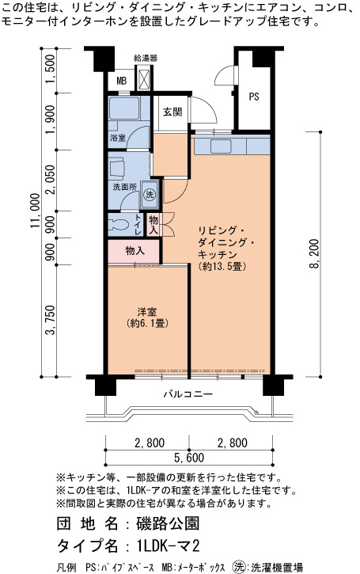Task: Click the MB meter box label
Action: (122, 81)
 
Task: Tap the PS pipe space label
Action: (254, 97)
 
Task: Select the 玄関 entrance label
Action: (172, 112)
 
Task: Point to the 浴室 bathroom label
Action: (117, 138)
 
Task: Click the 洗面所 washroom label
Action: (124, 187)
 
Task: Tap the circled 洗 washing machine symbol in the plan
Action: (150, 194)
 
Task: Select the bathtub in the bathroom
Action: (124, 108)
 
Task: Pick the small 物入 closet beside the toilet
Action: (153, 225)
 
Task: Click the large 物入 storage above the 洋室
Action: (135, 251)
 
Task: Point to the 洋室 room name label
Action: (147, 312)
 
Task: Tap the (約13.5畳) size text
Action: (222, 267)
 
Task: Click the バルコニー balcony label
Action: (188, 394)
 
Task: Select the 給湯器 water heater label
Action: (146, 58)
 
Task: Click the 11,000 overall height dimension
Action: (35, 211)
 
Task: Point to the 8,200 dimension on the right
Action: (315, 254)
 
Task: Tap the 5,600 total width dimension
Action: (189, 458)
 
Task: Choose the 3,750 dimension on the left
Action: (51, 320)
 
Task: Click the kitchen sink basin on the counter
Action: (221, 146)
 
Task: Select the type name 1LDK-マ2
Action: (169, 545)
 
